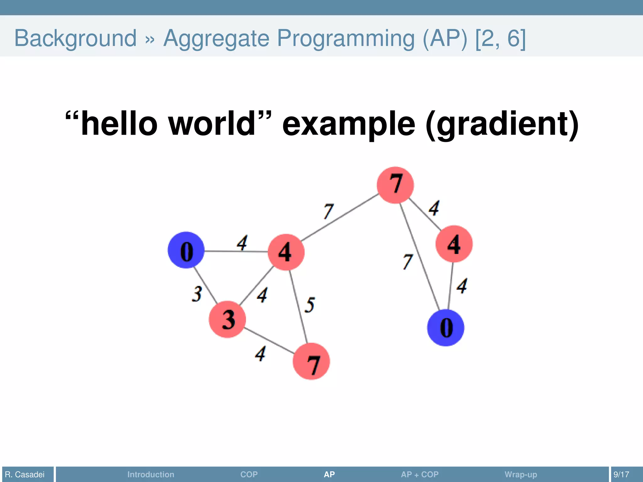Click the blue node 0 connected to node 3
186,250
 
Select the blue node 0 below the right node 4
446,328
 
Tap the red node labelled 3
227,319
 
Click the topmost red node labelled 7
395,185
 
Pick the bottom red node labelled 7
311,361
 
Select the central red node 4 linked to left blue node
286,252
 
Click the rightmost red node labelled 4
454,244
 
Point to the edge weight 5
310,305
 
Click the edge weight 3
197,294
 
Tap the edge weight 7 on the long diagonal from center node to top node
328,211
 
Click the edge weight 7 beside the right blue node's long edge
408,262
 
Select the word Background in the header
76,38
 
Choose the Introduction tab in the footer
151,474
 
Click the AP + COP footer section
419,474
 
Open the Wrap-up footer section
521,474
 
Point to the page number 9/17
621,474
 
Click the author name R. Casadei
25,474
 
